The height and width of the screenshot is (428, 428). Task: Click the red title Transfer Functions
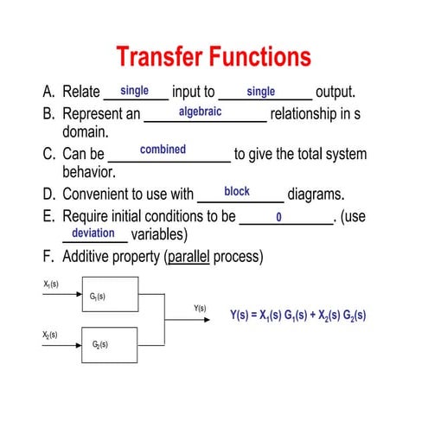click(x=214, y=57)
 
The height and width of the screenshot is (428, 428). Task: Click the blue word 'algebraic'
click(x=200, y=112)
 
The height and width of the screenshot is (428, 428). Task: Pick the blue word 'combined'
click(x=163, y=149)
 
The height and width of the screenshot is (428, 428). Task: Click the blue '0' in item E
click(x=279, y=217)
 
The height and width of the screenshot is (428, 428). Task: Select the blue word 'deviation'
click(x=93, y=233)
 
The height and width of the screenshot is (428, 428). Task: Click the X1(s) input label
click(x=51, y=284)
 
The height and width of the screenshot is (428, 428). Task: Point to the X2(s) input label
click(x=51, y=334)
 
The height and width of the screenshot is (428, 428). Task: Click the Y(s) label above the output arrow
click(x=200, y=308)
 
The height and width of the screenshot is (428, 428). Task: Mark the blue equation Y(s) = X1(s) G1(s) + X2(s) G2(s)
click(x=297, y=316)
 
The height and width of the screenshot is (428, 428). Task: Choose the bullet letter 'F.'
click(x=48, y=257)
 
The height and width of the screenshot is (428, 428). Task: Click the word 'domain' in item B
click(x=84, y=132)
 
